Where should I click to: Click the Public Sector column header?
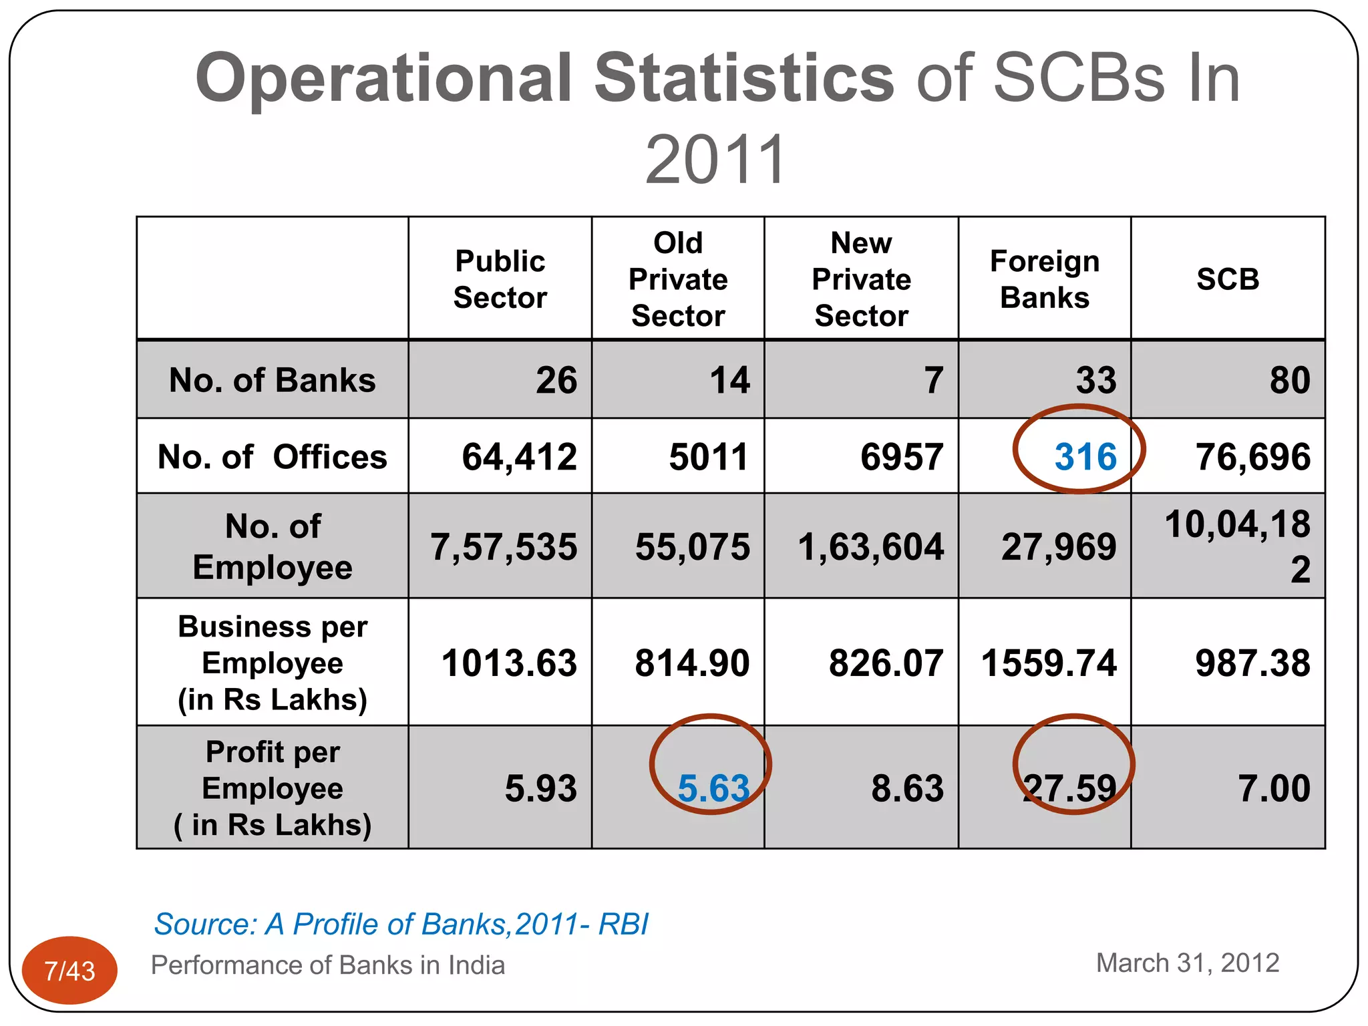coord(500,279)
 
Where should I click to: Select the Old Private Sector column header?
coord(678,279)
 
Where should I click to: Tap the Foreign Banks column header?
coord(1045,279)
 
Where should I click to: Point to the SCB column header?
coord(1228,279)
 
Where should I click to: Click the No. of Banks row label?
coord(273,380)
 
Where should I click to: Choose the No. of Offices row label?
coord(273,457)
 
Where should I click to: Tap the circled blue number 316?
coord(1085,457)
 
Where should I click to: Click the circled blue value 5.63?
coord(713,788)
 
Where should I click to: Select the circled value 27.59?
coord(1070,788)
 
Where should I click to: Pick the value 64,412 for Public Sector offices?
coord(520,457)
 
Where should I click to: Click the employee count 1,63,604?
coord(871,547)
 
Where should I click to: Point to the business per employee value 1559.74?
coord(1049,663)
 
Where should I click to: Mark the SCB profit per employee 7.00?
coord(1274,788)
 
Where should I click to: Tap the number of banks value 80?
coord(1290,380)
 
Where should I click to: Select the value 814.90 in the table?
coord(692,663)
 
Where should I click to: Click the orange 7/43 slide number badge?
coord(69,970)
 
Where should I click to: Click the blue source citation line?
coord(401,924)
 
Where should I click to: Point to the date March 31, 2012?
coord(1188,963)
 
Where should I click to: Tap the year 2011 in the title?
coord(716,160)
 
